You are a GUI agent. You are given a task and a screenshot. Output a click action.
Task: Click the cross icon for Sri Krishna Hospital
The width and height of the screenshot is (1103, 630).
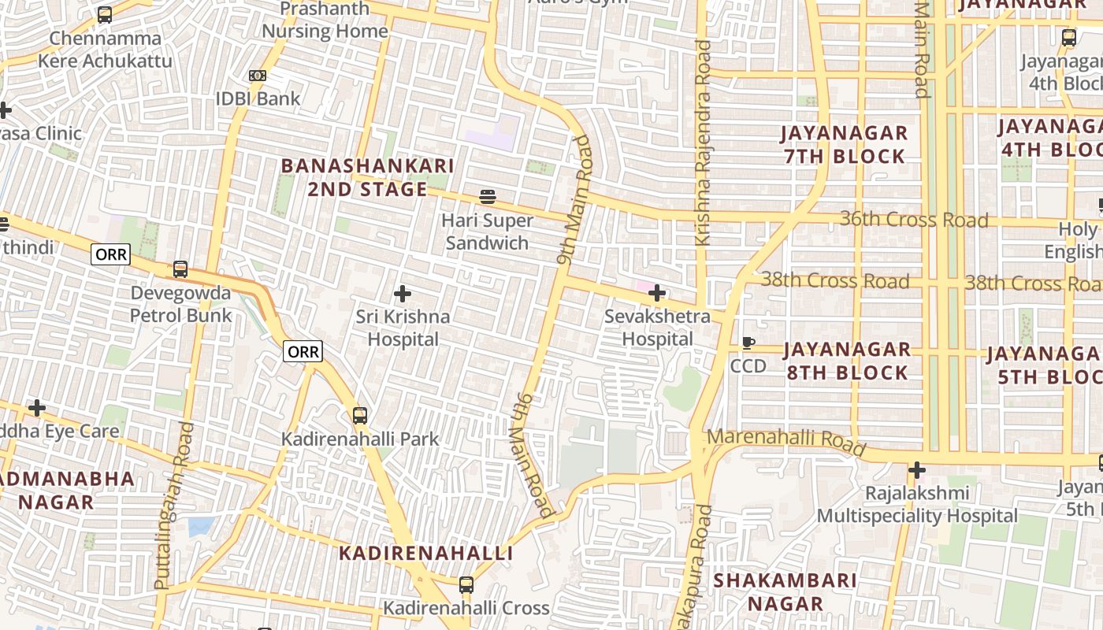coord(403,294)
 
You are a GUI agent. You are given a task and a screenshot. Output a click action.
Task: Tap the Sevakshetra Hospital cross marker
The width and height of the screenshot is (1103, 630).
coord(657,294)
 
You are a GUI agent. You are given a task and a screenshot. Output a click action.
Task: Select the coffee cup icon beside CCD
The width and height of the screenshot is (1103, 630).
coord(748,343)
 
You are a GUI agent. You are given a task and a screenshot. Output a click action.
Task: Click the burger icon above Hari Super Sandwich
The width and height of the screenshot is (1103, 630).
coord(488,196)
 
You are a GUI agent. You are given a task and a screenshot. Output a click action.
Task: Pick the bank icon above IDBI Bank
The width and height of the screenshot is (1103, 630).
coord(258,76)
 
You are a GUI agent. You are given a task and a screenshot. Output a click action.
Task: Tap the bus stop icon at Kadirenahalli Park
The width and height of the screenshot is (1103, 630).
coord(360,415)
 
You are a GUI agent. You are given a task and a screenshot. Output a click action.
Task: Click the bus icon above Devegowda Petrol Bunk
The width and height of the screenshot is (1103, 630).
coord(180,269)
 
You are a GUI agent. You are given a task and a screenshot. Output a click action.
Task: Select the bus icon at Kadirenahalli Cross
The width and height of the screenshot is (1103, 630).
coord(466,584)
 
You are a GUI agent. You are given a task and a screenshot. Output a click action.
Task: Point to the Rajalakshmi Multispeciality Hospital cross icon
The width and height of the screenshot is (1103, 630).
coord(916,470)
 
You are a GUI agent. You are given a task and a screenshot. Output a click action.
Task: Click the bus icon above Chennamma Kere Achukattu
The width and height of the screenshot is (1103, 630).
coord(105,15)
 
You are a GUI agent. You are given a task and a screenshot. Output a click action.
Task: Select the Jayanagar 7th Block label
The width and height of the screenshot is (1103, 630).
coord(845,144)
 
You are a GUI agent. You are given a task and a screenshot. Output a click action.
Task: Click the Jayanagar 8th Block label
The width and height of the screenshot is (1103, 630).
coord(847,360)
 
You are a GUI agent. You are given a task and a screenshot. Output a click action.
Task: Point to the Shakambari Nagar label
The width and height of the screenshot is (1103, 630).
coord(785,591)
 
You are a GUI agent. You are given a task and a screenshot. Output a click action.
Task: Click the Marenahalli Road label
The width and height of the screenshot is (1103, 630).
coord(786,442)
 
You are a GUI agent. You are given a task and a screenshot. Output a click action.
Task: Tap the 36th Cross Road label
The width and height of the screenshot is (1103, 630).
coord(913,219)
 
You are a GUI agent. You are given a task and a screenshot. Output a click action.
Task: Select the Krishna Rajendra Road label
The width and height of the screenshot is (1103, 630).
coord(702,142)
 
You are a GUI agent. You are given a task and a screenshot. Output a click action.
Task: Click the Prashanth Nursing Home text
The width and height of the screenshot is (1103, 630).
coord(325,20)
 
